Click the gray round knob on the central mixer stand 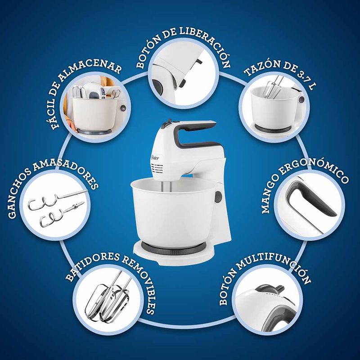click(x=218, y=197)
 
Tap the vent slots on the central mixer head click(x=157, y=169)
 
